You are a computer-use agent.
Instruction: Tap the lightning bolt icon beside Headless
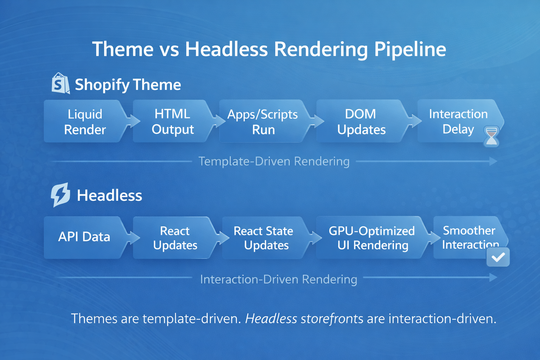[60, 194]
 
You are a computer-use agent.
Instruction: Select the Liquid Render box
[85, 122]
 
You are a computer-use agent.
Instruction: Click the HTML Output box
[173, 122]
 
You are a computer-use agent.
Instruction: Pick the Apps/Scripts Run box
[263, 122]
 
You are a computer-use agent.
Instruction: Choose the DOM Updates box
[361, 122]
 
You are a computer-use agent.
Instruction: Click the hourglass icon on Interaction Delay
[491, 136]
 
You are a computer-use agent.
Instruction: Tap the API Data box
[84, 237]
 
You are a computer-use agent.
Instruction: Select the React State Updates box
[263, 238]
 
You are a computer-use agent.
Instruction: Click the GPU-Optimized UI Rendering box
[372, 238]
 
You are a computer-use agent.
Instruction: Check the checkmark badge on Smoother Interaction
[498, 257]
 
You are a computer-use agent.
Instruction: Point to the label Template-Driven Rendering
[274, 161]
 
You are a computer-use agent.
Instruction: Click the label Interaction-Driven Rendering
[278, 279]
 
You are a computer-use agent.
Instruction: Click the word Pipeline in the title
[410, 49]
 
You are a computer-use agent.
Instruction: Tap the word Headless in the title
[226, 49]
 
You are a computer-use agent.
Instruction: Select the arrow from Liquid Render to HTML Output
[134, 121]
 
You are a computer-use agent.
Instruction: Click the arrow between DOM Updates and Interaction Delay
[416, 121]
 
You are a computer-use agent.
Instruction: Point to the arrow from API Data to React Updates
[134, 238]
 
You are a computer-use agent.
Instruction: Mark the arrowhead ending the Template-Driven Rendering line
[493, 161]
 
